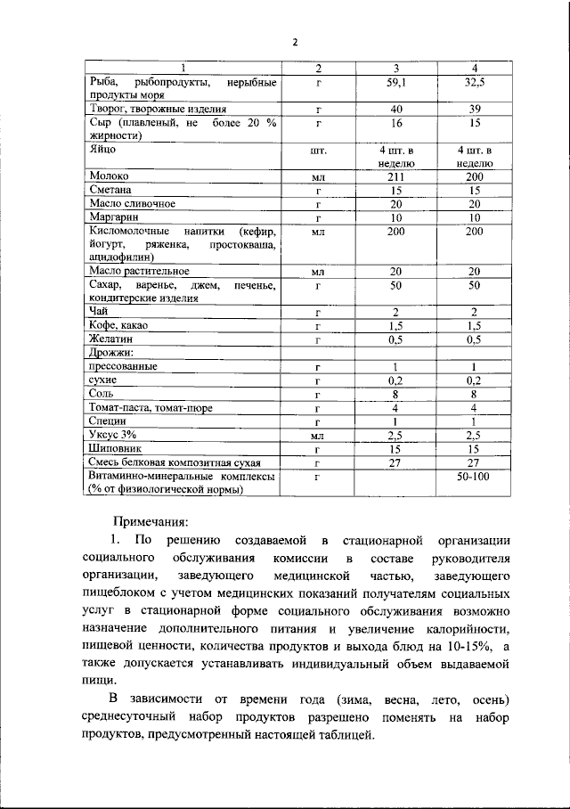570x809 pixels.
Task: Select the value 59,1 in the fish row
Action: click(395, 83)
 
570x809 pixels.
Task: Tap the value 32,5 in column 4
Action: click(474, 83)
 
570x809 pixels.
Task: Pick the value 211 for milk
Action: click(395, 177)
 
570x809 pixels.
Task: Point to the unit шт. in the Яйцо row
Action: click(318, 151)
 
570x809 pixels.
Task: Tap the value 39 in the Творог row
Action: click(474, 110)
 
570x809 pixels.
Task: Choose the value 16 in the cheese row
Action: click(395, 123)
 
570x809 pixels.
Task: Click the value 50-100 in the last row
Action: click(474, 477)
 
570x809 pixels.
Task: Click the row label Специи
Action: click(108, 421)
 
